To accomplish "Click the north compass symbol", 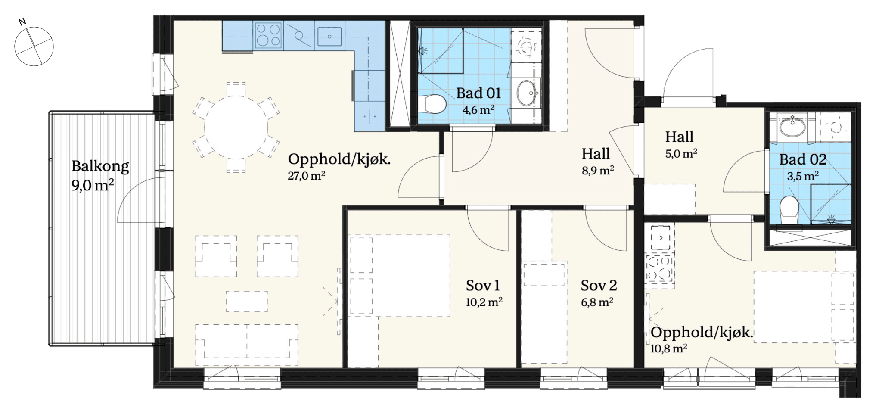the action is pyautogui.click(x=34, y=45).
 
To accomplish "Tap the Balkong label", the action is pyautogui.click(x=100, y=166).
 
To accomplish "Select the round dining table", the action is pyautogui.click(x=236, y=128).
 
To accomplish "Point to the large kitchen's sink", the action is pyautogui.click(x=329, y=37).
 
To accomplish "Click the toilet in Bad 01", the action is pyautogui.click(x=432, y=104).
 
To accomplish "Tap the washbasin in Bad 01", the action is pyautogui.click(x=527, y=93).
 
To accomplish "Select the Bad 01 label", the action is pyautogui.click(x=478, y=93).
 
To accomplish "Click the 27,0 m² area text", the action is pyautogui.click(x=306, y=176).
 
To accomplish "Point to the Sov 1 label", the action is pyautogui.click(x=483, y=285).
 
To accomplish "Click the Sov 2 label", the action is pyautogui.click(x=599, y=285).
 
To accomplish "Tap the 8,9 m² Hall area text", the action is pyautogui.click(x=598, y=171).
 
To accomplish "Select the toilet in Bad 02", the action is pyautogui.click(x=789, y=210).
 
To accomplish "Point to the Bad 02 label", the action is pyautogui.click(x=803, y=159).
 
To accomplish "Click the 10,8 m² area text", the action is pyautogui.click(x=668, y=348).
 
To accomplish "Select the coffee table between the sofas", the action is pyautogui.click(x=247, y=301).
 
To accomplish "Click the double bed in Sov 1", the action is pyautogui.click(x=399, y=276).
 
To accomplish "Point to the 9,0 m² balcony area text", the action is pyautogui.click(x=93, y=185).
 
